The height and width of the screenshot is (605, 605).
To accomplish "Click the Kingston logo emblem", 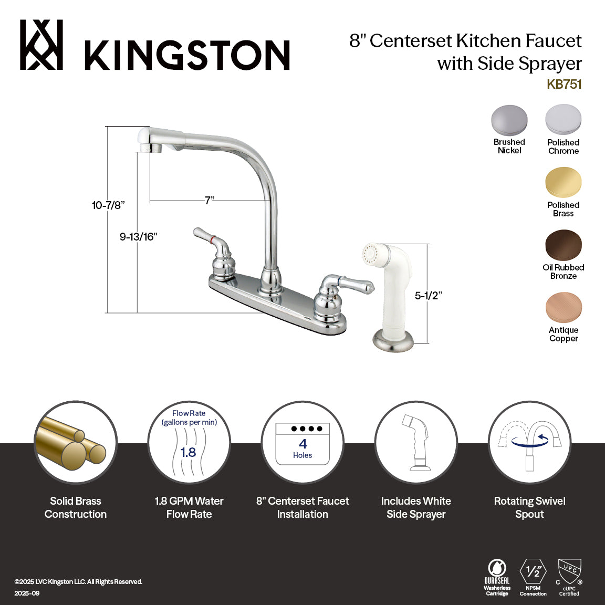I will point(41,45).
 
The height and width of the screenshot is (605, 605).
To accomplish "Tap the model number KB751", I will point(564,85).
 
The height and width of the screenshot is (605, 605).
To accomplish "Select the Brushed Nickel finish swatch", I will point(509,120).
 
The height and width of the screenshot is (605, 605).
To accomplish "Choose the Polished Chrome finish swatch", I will point(563,120).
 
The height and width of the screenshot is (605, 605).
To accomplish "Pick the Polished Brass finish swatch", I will point(563,182).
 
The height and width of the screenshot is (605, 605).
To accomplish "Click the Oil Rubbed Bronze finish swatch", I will point(563,245).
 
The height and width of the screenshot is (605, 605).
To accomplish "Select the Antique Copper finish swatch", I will point(563,308).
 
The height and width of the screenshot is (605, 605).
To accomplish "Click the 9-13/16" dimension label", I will point(138,237).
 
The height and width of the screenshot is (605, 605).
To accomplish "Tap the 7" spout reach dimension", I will point(210,201).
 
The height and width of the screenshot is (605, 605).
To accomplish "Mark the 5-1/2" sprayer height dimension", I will point(428,296).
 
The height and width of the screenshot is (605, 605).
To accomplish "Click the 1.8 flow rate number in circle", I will point(188,452).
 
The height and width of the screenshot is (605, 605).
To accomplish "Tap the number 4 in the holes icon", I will point(302,444).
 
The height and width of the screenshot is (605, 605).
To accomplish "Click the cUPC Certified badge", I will point(569,577).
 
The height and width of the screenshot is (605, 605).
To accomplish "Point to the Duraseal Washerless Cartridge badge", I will point(497,577).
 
